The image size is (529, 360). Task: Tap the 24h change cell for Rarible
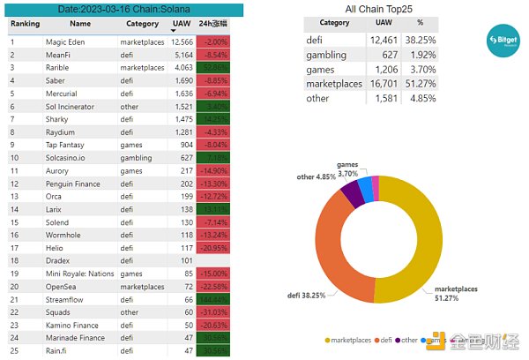(214, 67)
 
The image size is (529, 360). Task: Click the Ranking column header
(25, 25)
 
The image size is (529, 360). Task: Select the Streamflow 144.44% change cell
(214, 299)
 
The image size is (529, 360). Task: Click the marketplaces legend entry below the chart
(353, 339)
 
